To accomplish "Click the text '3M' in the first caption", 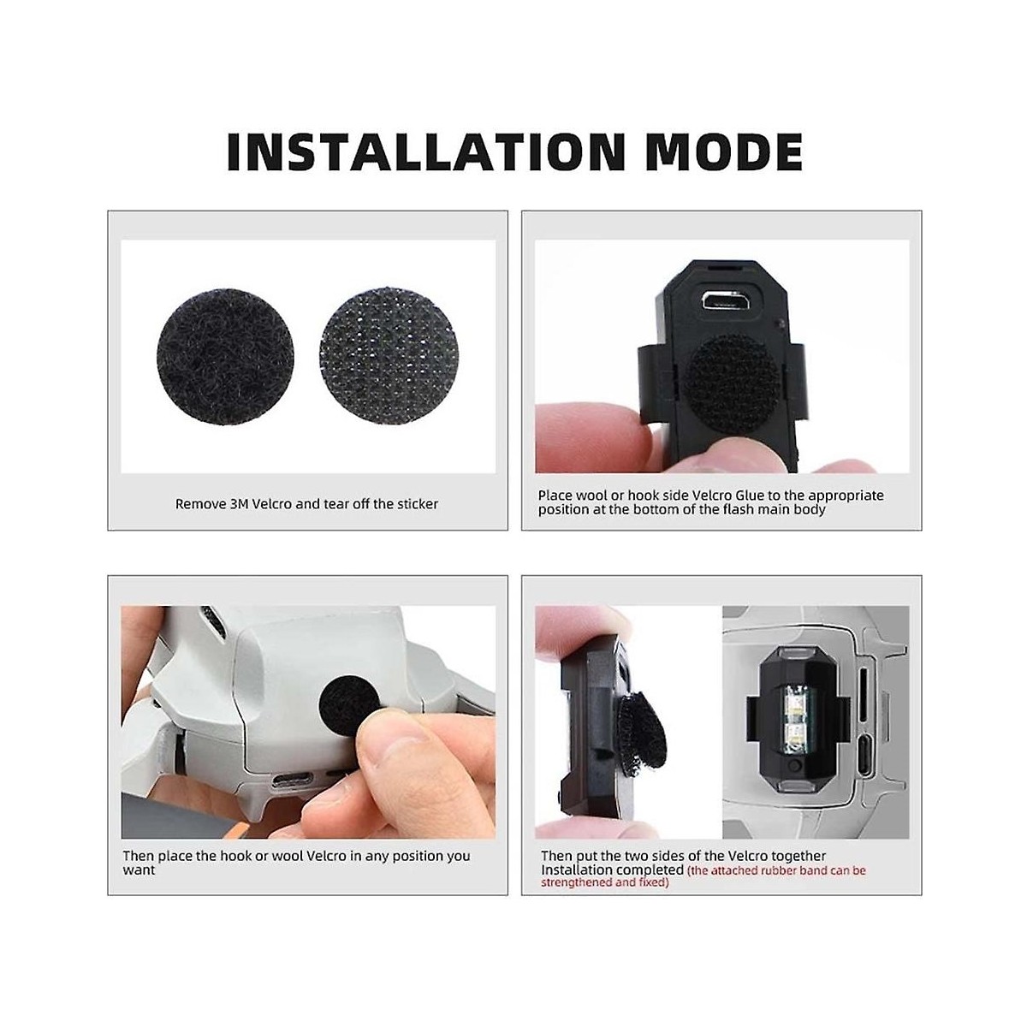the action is [240, 503].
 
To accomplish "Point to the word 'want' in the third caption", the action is [139, 870].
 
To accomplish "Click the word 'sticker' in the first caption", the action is [418, 503].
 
